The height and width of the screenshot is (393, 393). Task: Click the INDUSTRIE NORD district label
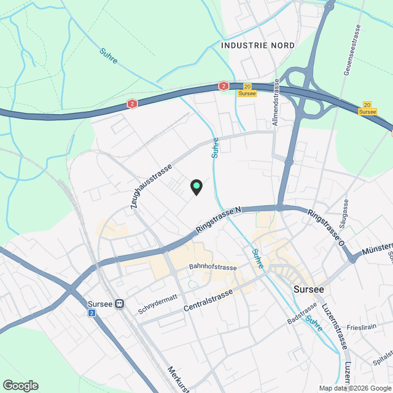pos(257,45)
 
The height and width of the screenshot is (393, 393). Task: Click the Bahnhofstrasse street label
pos(212,267)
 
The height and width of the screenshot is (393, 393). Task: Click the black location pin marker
pos(196,187)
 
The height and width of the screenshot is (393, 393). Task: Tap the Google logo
pos(20,385)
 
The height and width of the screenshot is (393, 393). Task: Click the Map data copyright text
pos(354,388)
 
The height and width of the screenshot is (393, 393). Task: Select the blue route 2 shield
pos(92,313)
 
